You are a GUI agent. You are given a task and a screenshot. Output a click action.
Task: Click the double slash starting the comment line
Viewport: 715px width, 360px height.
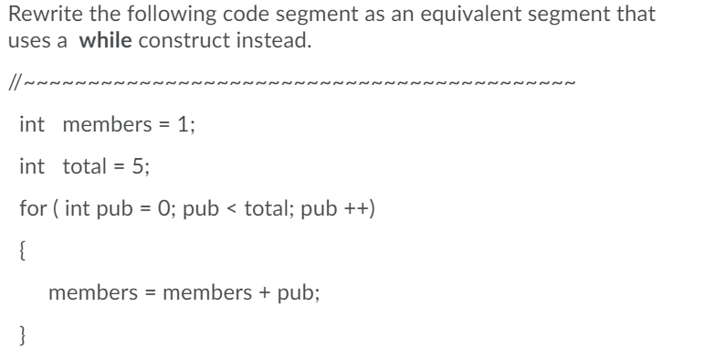13,85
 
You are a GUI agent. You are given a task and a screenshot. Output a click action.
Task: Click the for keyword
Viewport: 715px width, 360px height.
31,208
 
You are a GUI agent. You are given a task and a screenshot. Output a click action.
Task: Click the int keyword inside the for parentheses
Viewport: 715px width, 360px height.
77,208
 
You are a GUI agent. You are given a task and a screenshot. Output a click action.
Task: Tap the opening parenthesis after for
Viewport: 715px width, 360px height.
55,208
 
